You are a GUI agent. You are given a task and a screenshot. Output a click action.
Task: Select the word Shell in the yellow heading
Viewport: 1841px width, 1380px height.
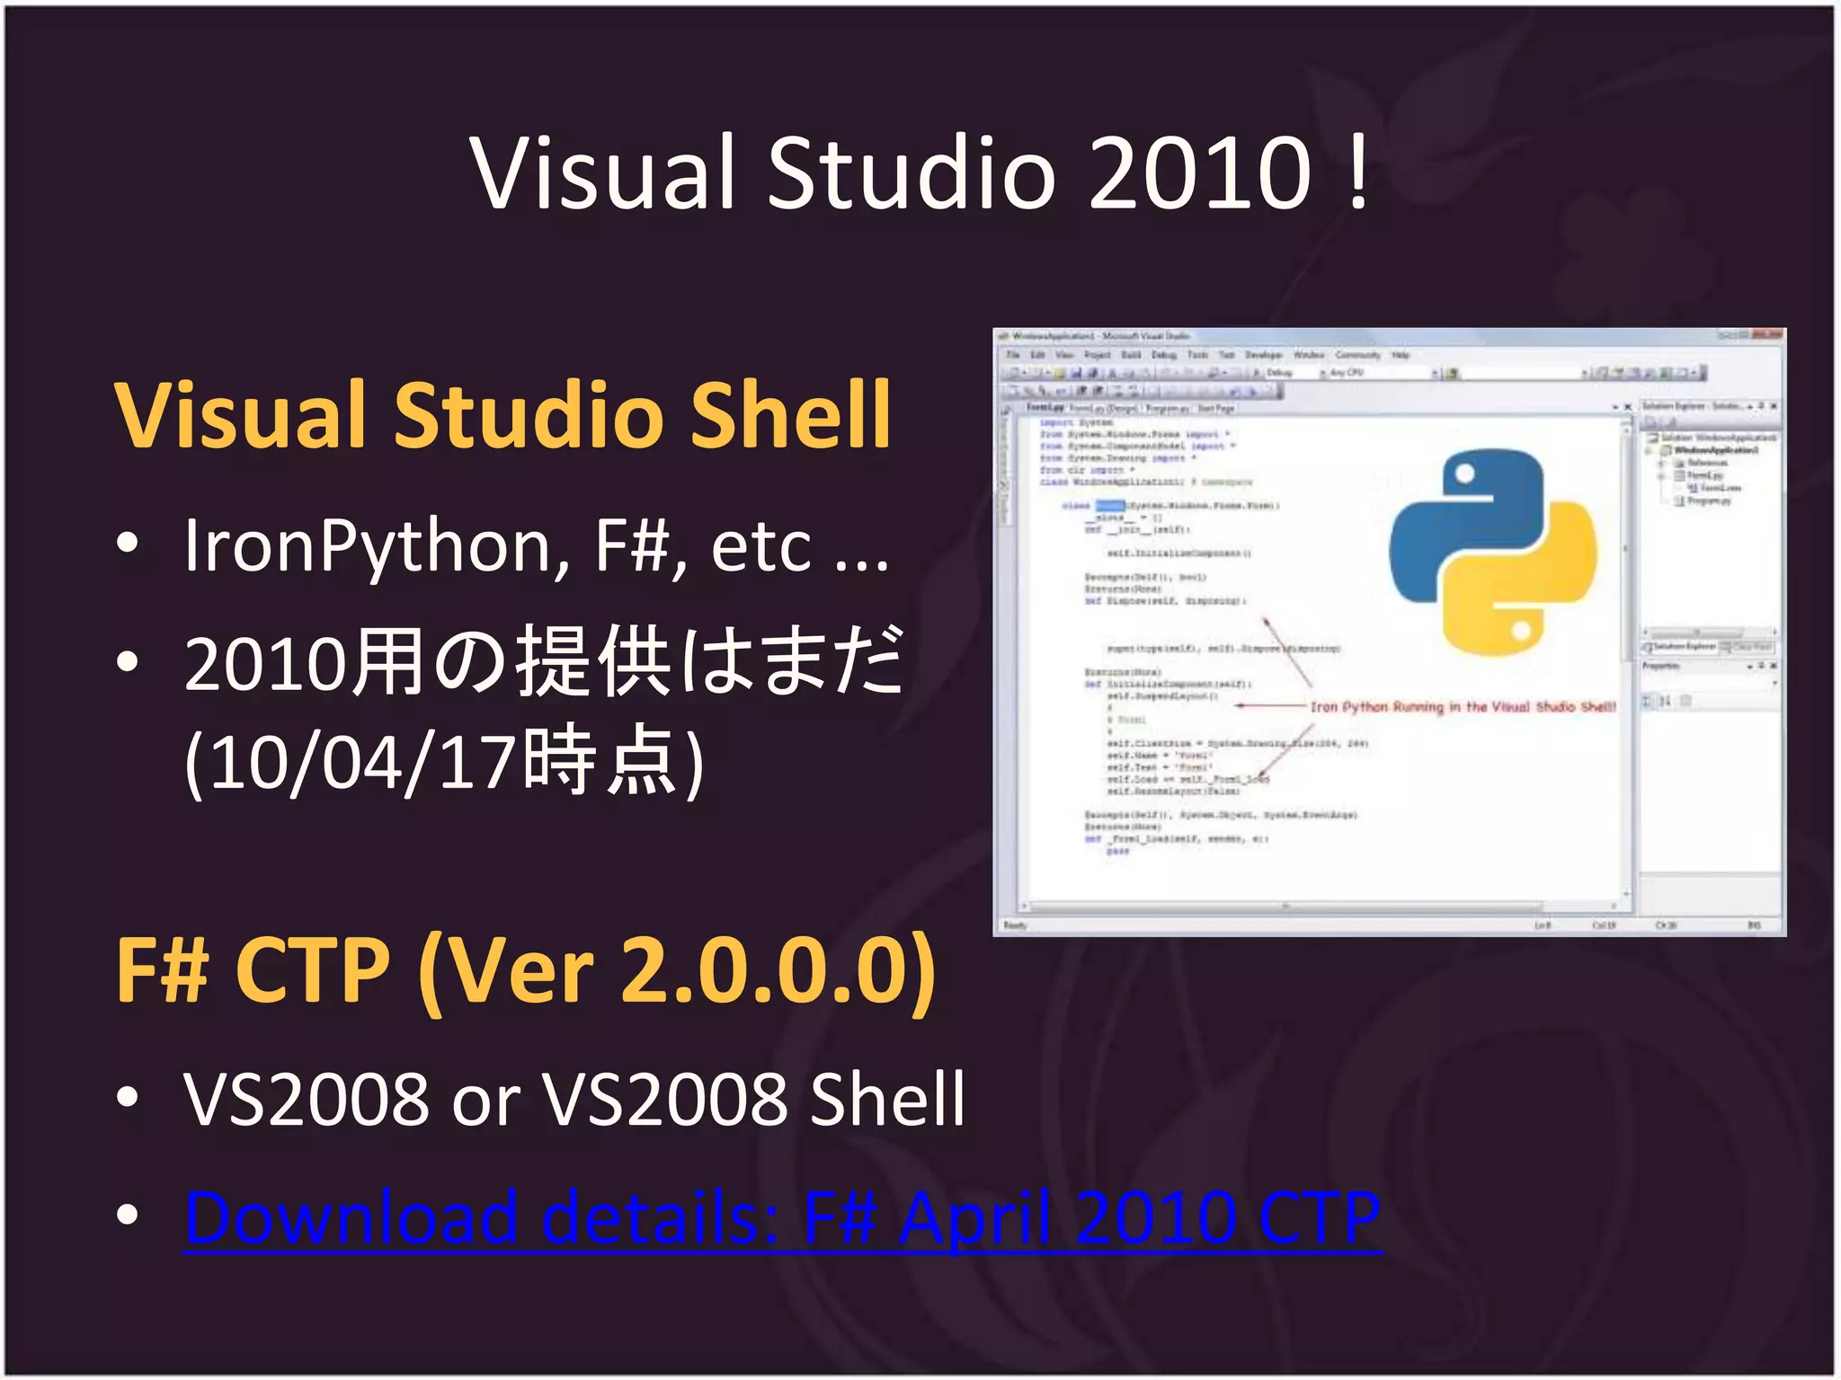pyautogui.click(x=790, y=415)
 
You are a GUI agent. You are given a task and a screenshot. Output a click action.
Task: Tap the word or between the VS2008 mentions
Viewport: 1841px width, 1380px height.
pyautogui.click(x=485, y=1100)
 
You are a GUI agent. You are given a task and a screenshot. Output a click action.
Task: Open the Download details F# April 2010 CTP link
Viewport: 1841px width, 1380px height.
pyautogui.click(x=782, y=1218)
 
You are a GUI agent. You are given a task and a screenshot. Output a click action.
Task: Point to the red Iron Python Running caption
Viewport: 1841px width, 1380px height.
pyautogui.click(x=1462, y=707)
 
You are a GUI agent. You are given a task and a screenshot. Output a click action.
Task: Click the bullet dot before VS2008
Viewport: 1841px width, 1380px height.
pyautogui.click(x=128, y=1098)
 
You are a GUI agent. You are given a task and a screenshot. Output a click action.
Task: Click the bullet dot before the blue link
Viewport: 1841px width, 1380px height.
pyautogui.click(x=128, y=1215)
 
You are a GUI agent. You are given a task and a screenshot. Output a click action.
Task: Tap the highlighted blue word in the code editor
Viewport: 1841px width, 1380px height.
pyautogui.click(x=1109, y=506)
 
